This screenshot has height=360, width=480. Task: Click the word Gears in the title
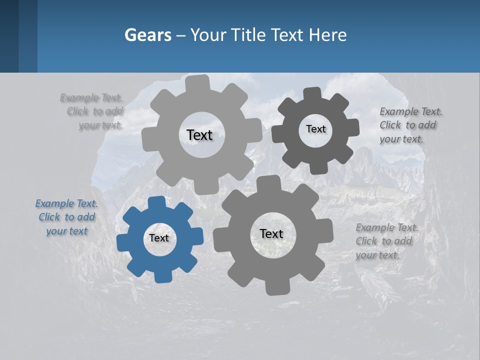(147, 35)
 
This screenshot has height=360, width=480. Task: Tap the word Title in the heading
(249, 35)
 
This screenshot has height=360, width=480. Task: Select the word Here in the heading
(327, 35)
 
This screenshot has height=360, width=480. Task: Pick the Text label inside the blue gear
(159, 238)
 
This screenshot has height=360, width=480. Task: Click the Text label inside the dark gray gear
(315, 129)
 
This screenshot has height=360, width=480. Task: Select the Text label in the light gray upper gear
(199, 135)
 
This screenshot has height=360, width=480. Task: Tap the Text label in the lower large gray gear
(271, 234)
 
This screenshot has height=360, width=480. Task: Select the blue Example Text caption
(66, 217)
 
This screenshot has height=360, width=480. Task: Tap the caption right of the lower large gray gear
(386, 241)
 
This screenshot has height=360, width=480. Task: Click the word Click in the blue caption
(49, 217)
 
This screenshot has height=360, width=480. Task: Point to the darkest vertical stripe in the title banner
(9, 36)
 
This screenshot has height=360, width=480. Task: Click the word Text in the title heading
(287, 35)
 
